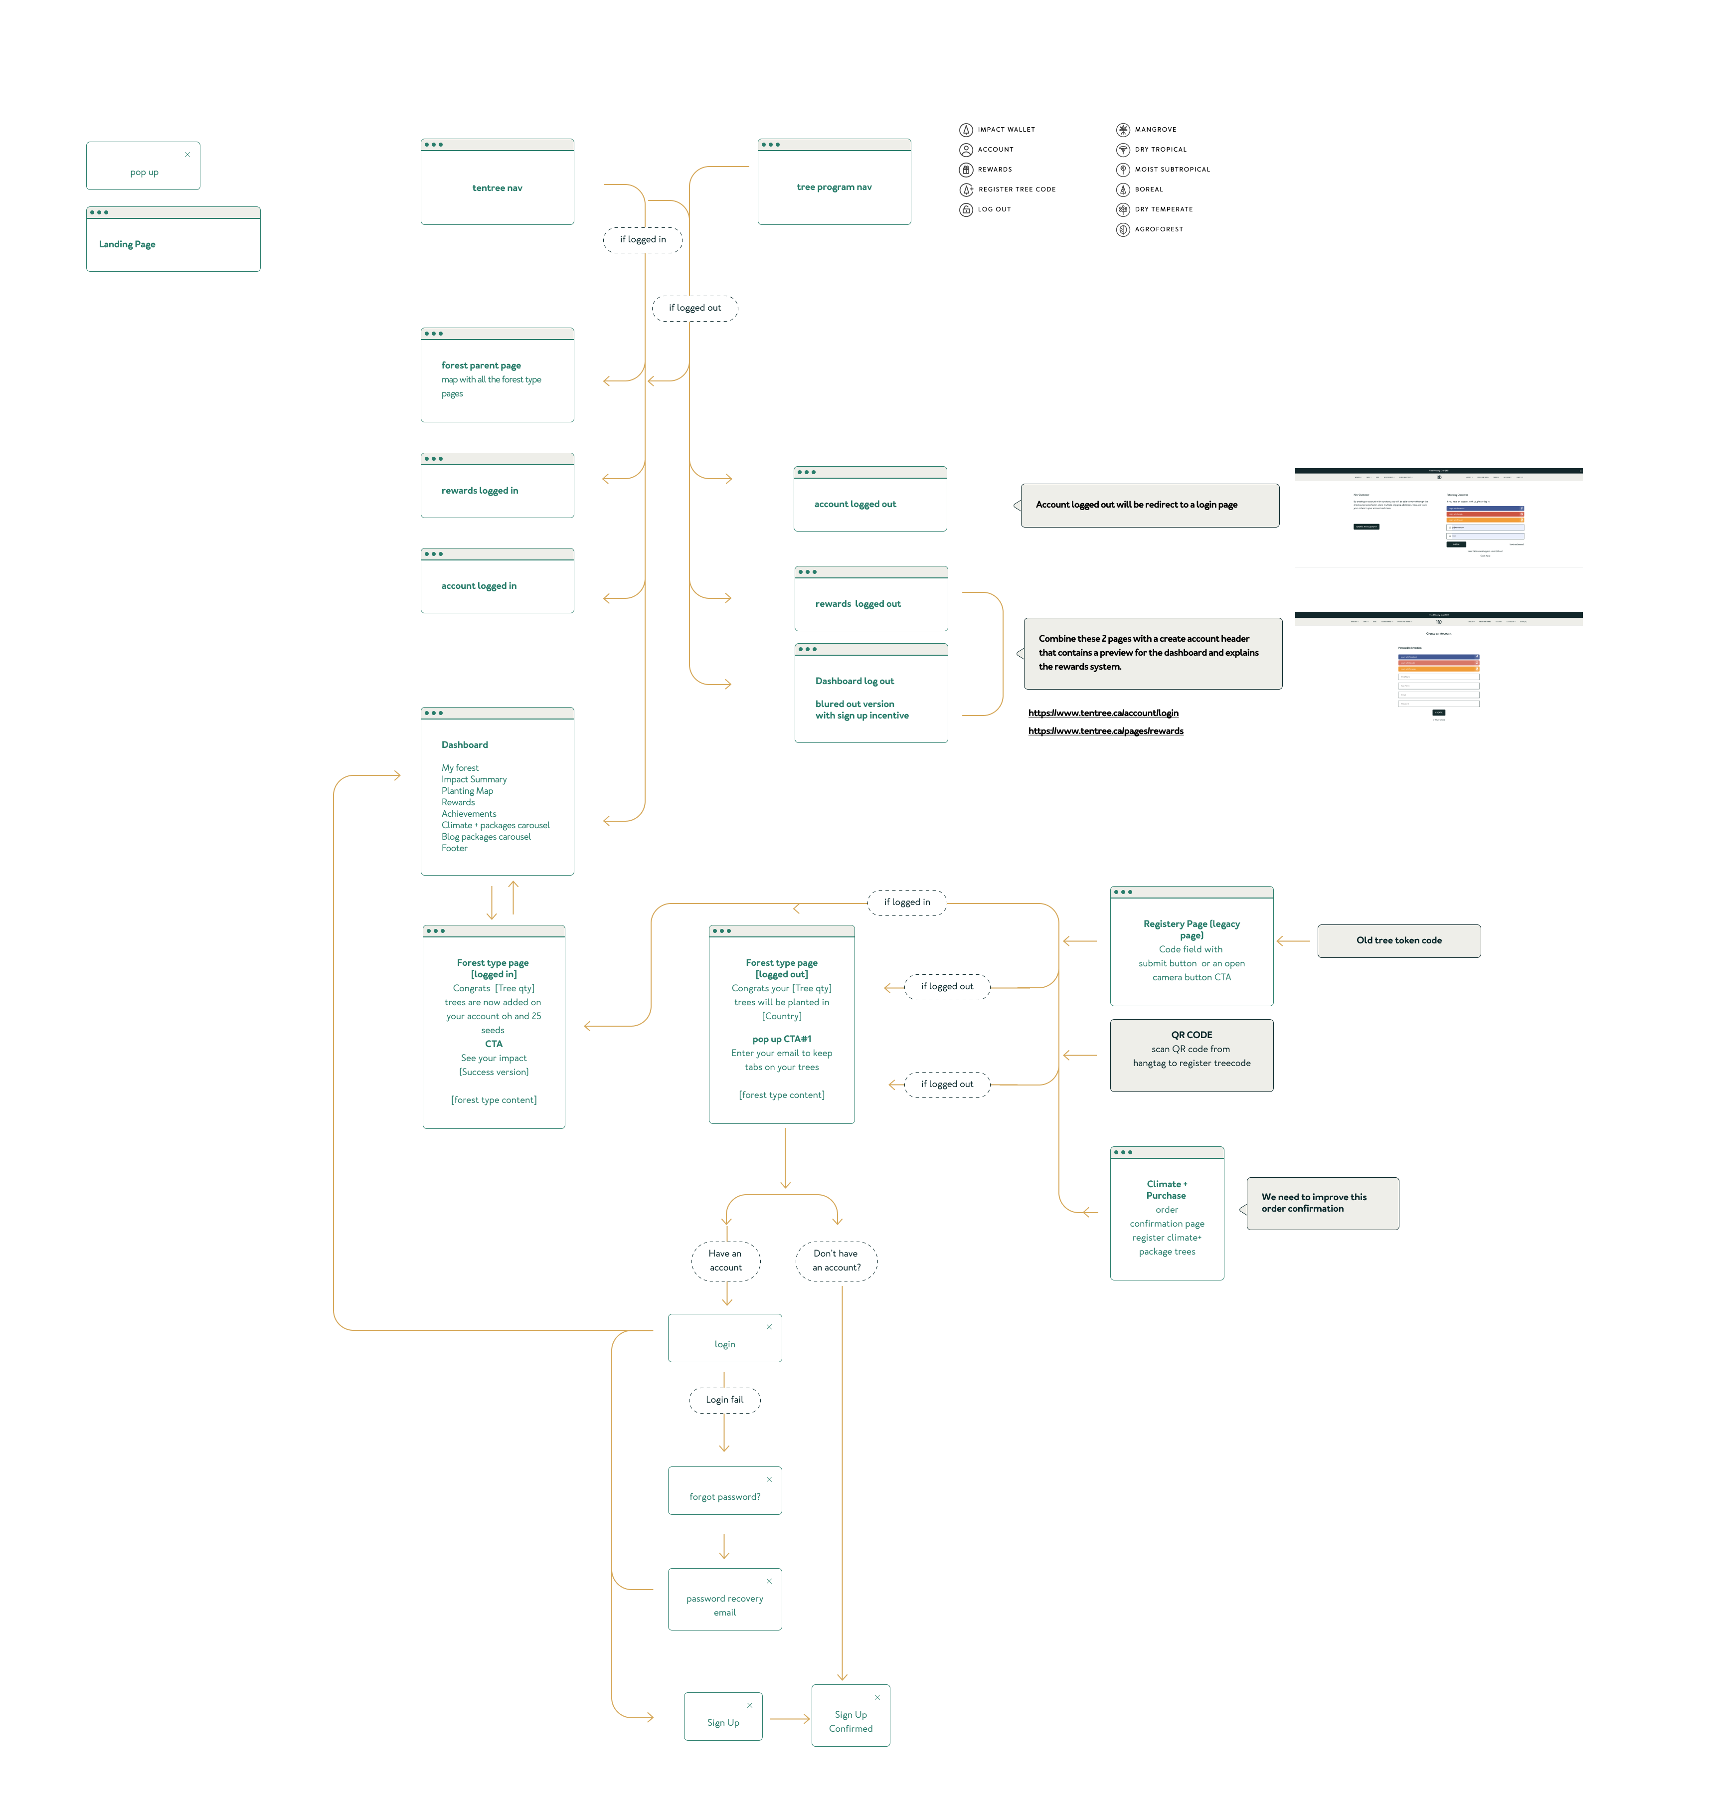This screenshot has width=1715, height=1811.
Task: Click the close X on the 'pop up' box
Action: (187, 155)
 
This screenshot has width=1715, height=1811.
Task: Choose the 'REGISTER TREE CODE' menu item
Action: (1016, 189)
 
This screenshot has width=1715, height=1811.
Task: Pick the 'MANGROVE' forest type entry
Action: (1155, 130)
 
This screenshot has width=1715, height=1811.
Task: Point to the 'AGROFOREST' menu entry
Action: (1158, 229)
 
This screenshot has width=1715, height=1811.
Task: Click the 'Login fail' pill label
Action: (724, 1400)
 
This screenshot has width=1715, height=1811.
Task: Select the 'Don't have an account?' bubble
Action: (837, 1261)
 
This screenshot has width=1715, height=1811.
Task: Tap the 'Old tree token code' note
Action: (1399, 941)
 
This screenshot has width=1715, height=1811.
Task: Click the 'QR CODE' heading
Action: (1191, 1035)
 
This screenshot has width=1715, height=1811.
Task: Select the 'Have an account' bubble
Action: (725, 1261)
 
